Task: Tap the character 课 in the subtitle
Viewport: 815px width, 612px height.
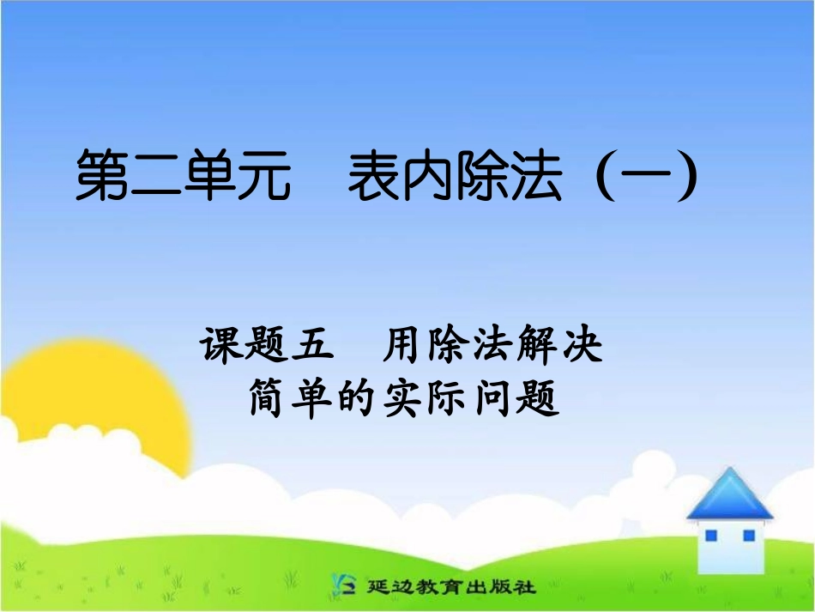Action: point(221,345)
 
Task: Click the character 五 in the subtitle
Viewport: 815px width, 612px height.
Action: point(311,345)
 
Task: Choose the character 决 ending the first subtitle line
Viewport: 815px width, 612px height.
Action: point(581,345)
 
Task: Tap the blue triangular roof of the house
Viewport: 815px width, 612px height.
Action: point(728,495)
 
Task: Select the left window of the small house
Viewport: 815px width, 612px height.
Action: point(710,536)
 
